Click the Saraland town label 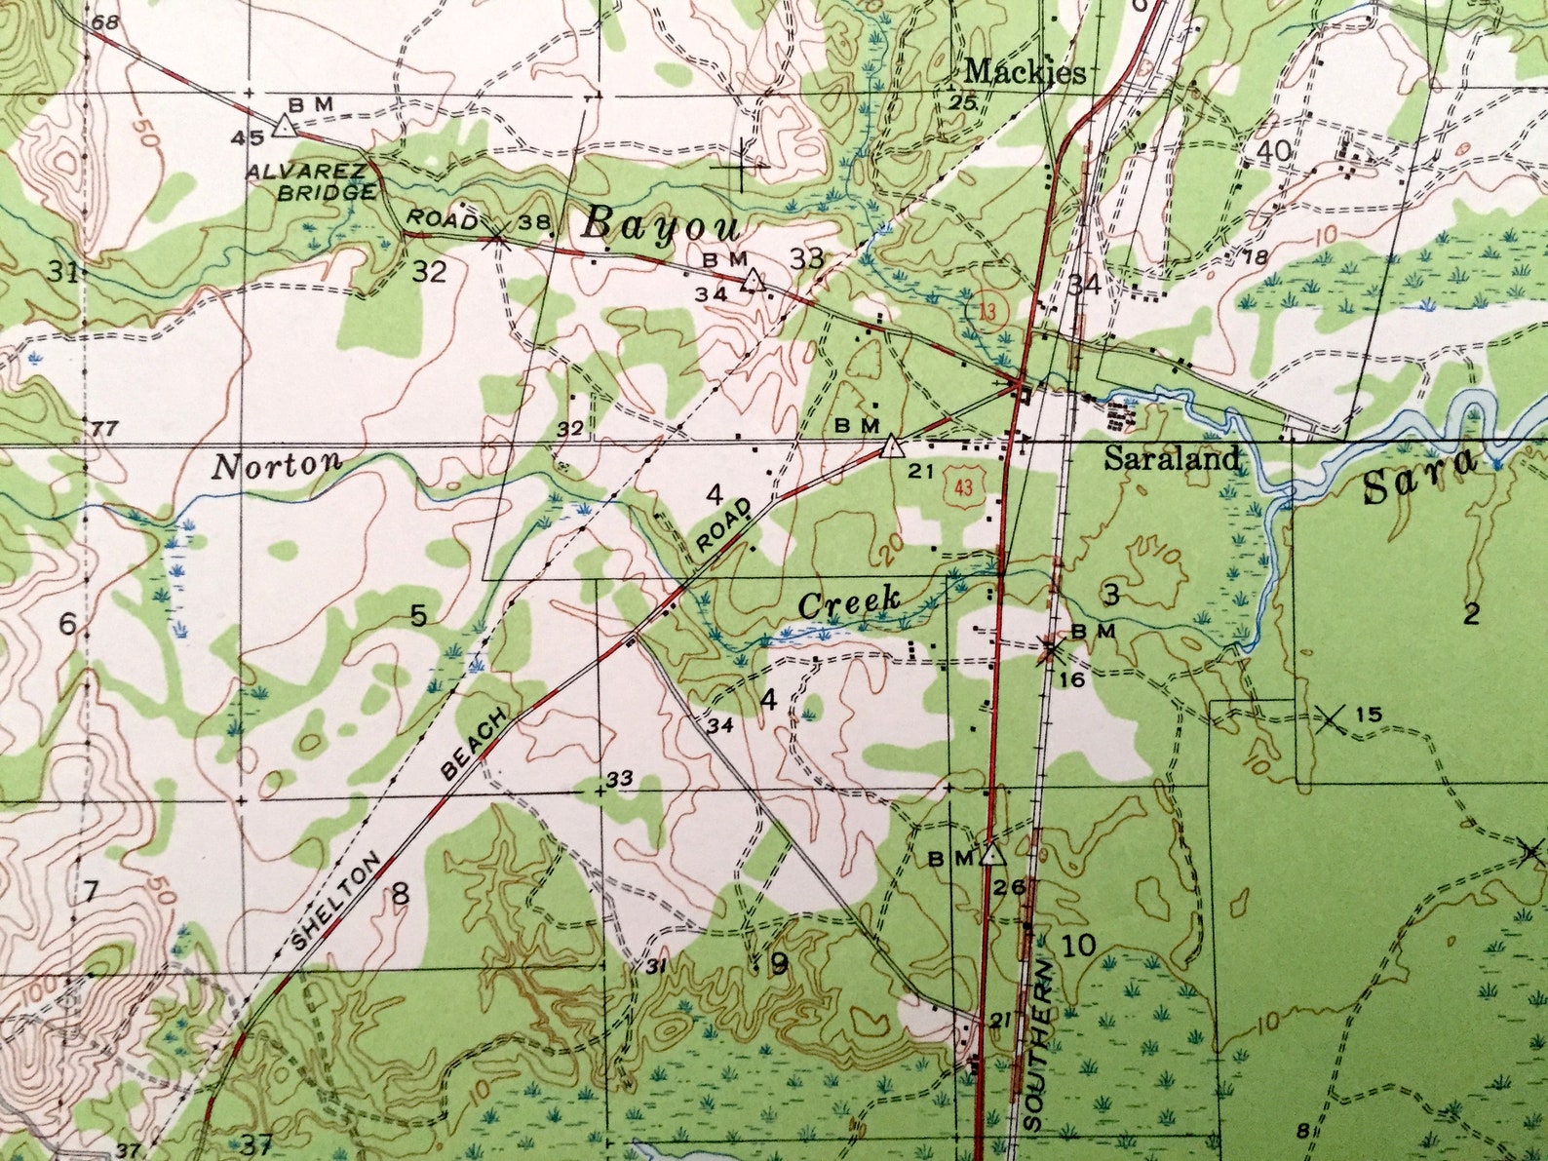point(1171,458)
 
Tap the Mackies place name point(1024,72)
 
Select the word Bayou point(660,226)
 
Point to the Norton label point(278,465)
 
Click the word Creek point(848,601)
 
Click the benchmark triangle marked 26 point(992,855)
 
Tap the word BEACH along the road point(475,745)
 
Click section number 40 point(1275,151)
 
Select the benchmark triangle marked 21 point(890,447)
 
